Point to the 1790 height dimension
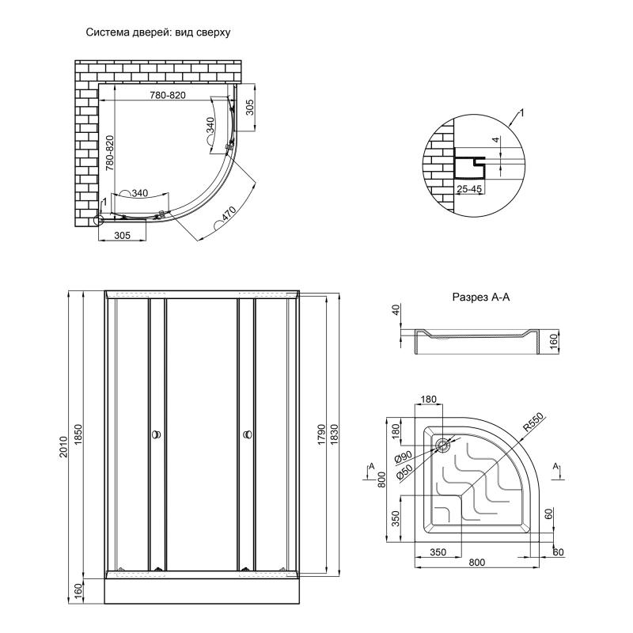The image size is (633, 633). point(320,434)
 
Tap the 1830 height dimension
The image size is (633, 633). point(338,434)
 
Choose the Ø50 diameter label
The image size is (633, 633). point(401,474)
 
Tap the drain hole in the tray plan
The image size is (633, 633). point(442,445)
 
